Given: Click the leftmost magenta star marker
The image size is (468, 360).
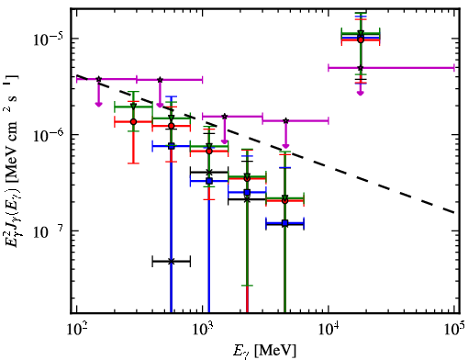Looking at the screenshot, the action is coord(98,79).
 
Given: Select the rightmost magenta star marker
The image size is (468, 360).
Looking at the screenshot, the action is coord(361,68).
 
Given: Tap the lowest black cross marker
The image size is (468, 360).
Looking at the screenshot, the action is coord(172,262).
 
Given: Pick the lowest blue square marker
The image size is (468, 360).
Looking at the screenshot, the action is coord(285,223).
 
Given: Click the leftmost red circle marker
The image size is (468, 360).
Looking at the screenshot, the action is coord(133,121).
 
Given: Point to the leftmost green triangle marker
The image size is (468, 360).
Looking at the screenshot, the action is coord(133,107).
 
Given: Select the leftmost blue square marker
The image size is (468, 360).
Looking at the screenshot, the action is coord(172,146).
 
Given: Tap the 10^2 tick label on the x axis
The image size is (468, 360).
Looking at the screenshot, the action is coord(76,329).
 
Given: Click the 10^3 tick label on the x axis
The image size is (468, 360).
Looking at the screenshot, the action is coord(203,329).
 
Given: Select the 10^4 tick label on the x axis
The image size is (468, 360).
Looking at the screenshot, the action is coord(329,329).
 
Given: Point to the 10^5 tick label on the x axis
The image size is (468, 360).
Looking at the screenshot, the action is coord(454,329).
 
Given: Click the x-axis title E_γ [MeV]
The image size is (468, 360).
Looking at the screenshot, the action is coord(264,351).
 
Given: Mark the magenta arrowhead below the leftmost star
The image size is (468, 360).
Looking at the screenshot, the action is coord(98,105).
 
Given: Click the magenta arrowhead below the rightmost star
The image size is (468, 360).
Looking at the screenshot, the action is coord(361,93).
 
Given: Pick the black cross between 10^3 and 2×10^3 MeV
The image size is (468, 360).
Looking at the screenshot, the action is coord(209,172).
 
